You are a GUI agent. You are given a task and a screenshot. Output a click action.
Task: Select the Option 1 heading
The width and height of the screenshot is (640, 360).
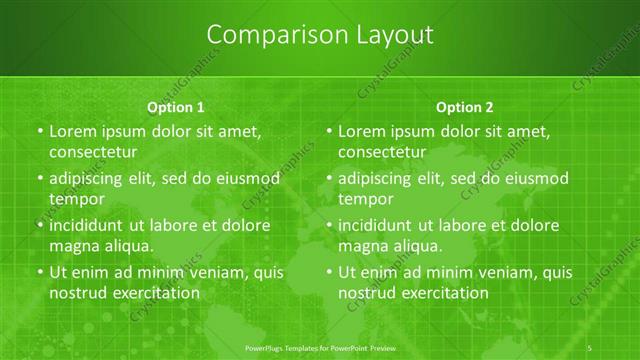(x=176, y=107)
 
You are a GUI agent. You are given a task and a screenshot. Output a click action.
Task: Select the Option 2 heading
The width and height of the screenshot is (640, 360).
(x=465, y=107)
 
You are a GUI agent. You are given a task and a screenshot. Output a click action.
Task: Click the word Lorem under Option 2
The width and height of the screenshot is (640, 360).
(x=362, y=131)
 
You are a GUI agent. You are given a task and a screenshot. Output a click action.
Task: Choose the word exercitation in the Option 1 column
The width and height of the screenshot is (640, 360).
(x=155, y=293)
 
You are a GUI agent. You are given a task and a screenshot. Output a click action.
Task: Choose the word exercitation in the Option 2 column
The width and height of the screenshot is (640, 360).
(x=444, y=293)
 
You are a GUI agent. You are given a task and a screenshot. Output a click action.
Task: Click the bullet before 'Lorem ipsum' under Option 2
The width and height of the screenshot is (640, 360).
(x=328, y=131)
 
